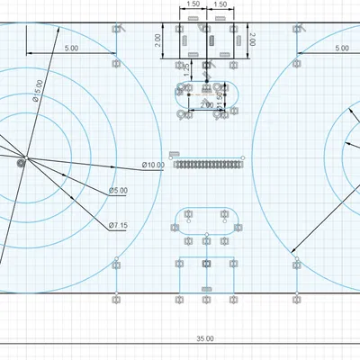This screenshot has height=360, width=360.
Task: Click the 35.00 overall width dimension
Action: pyautogui.click(x=205, y=338)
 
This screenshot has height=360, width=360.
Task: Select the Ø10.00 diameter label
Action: pyautogui.click(x=153, y=165)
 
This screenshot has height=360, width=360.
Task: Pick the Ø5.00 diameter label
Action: pyautogui.click(x=118, y=191)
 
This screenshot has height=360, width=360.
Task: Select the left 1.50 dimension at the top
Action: pyautogui.click(x=192, y=5)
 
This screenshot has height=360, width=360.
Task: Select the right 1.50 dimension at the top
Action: pyautogui.click(x=220, y=5)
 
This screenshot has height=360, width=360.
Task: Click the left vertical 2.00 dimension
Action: pyautogui.click(x=158, y=40)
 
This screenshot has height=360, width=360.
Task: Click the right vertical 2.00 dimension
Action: pyautogui.click(x=253, y=40)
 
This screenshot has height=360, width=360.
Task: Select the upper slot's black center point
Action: pyautogui.click(x=206, y=92)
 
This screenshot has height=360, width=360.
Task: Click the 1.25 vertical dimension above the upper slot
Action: pyautogui.click(x=187, y=68)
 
